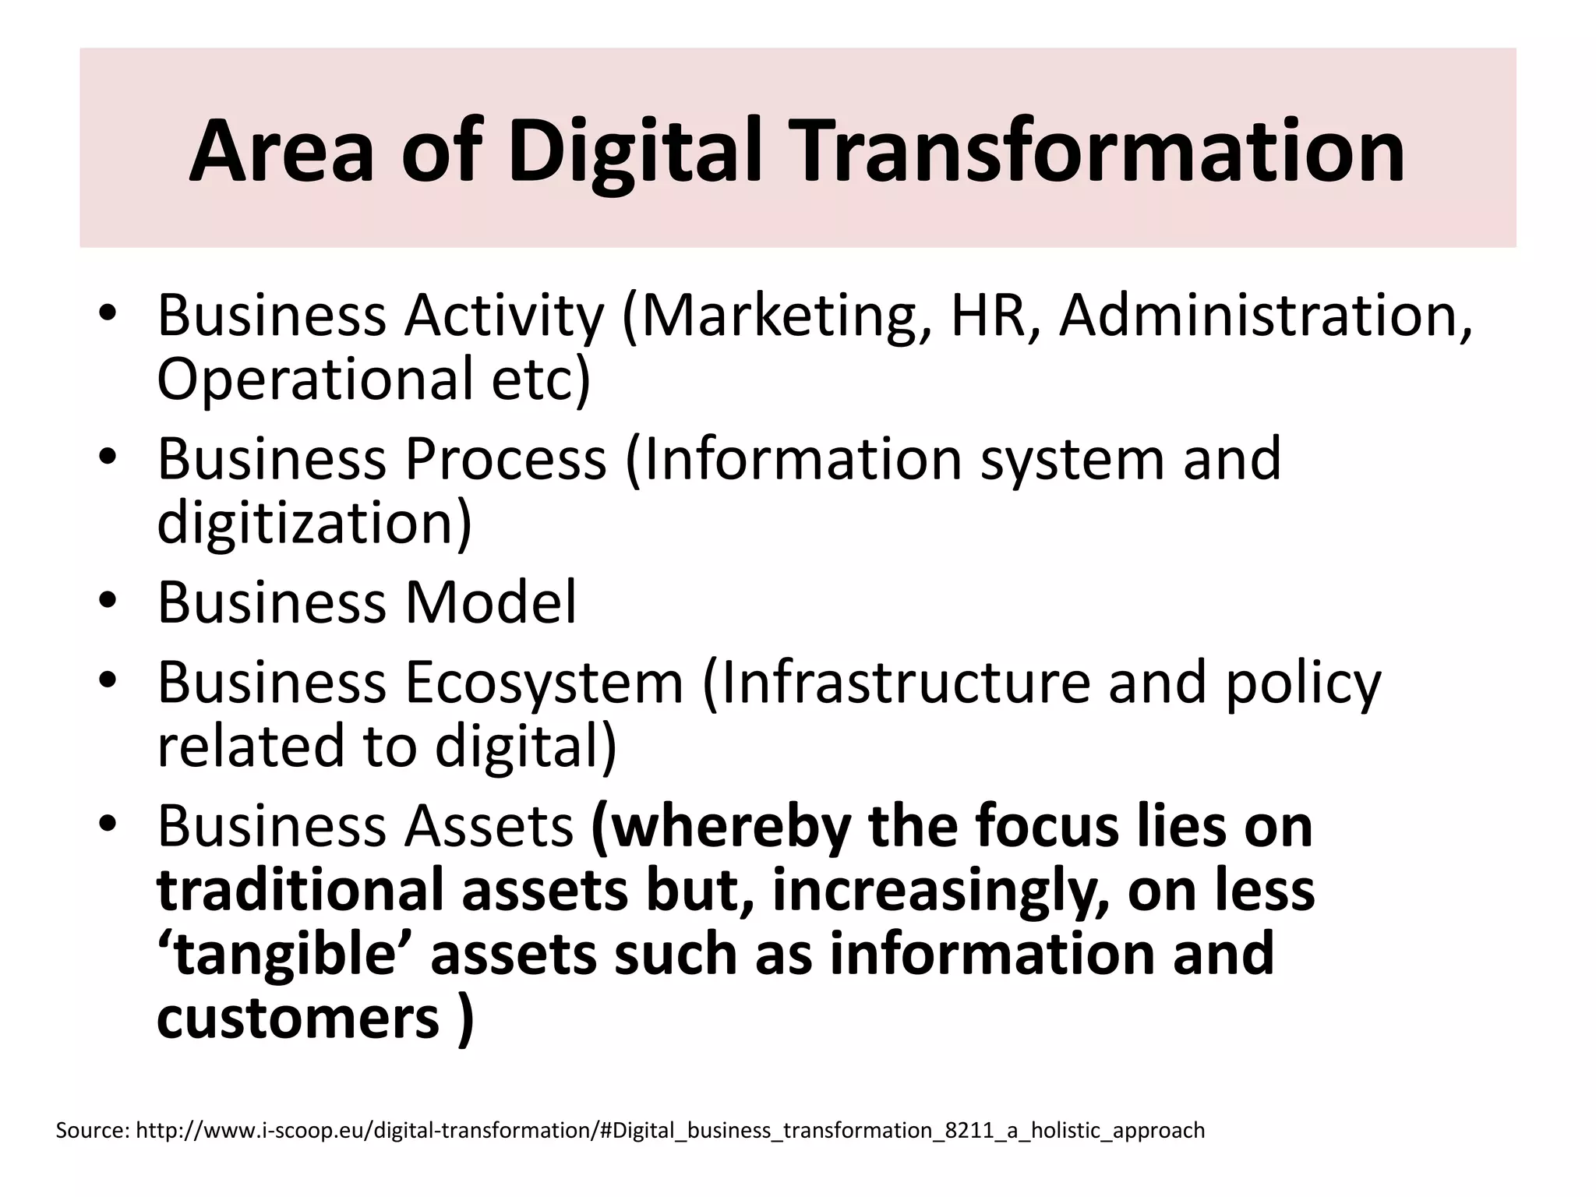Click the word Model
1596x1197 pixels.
click(x=490, y=602)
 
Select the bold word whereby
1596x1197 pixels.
click(x=725, y=826)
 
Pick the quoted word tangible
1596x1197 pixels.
click(x=288, y=955)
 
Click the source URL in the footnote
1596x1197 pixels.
click(x=670, y=1131)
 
